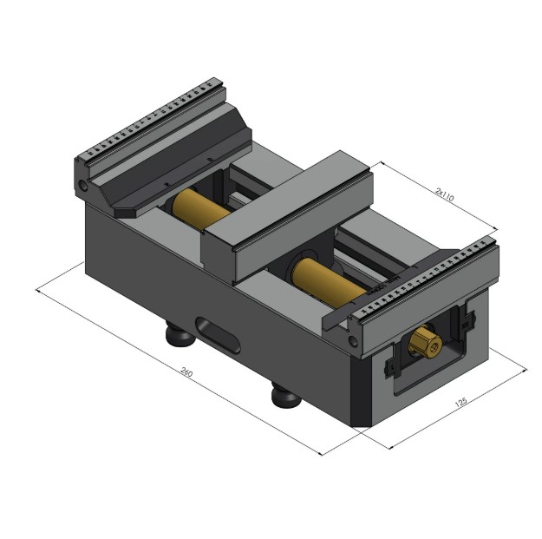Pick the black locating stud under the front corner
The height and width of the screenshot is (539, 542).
(x=285, y=396)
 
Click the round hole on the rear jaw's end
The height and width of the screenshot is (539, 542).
(x=84, y=186)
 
